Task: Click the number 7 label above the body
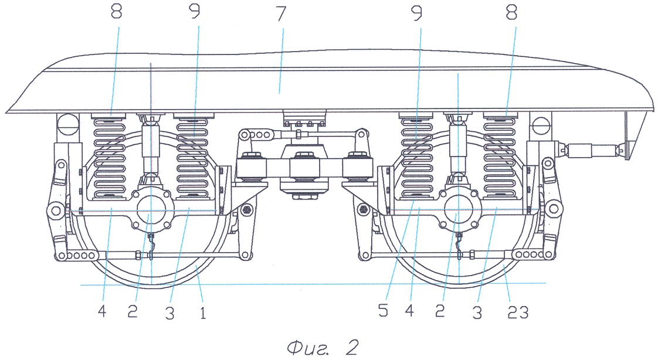(x=280, y=15)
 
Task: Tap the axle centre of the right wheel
(x=459, y=208)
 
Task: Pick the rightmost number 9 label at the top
(x=417, y=15)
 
